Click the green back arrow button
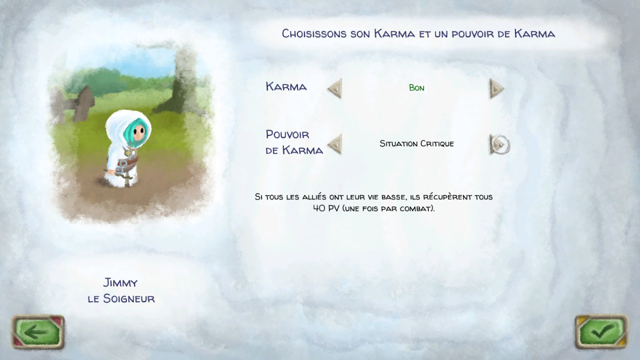[x=37, y=332]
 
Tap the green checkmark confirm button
[x=601, y=332]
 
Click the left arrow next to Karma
[x=335, y=88]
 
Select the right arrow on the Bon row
[x=497, y=88]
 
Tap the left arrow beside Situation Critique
[x=335, y=144]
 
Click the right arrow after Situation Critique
[x=499, y=144]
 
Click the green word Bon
[x=416, y=87]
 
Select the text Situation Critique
[x=416, y=143]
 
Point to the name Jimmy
[x=120, y=283]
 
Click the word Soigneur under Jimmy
[x=129, y=298]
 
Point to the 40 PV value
[x=326, y=208]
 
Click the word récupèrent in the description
[x=447, y=197]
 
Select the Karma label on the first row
[x=286, y=86]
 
